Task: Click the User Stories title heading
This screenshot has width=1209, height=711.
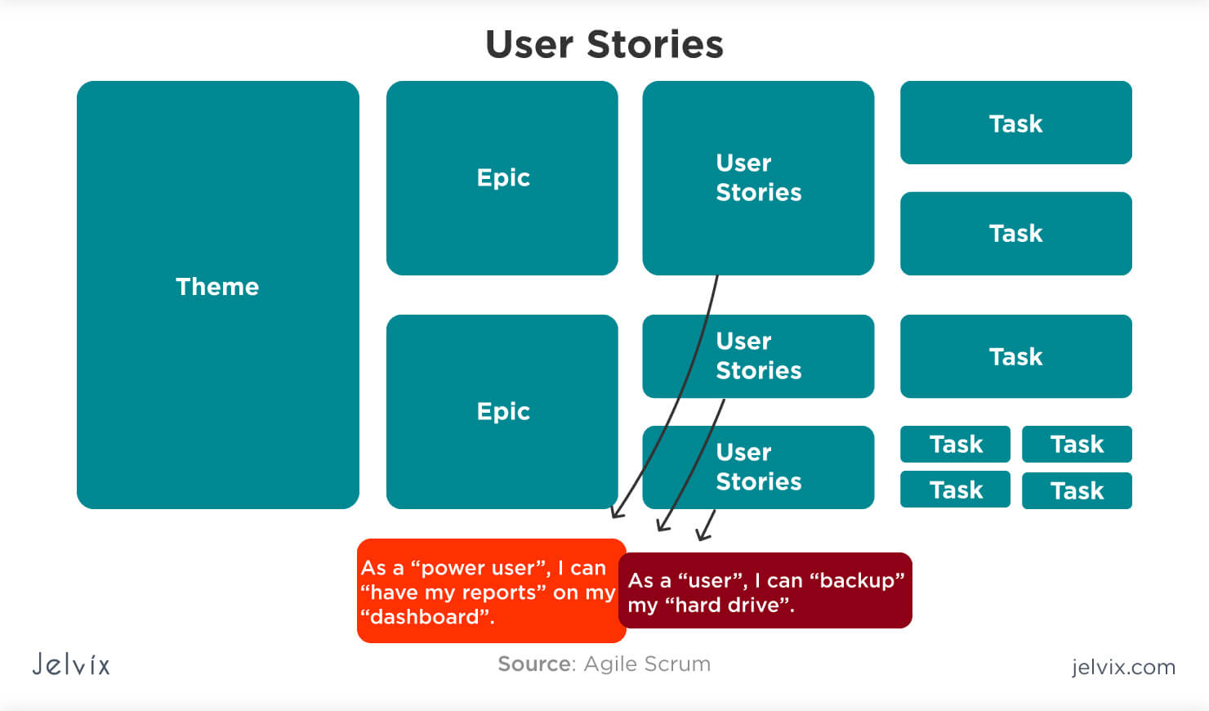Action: (x=604, y=44)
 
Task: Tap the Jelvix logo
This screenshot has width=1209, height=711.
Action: (x=71, y=664)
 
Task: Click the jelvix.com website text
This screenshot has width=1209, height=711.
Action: (x=1123, y=667)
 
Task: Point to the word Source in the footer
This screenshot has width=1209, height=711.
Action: (x=536, y=664)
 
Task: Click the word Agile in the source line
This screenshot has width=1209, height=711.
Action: (x=611, y=664)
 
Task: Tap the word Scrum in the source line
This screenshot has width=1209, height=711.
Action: (x=677, y=664)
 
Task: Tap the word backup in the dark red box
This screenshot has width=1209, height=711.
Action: (x=857, y=580)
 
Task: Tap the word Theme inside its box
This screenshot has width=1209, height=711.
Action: (x=217, y=286)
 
